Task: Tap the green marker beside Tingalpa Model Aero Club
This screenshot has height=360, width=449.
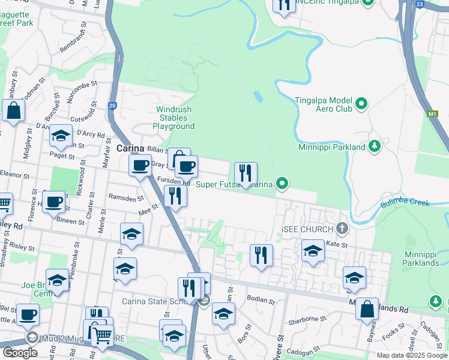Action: pos(361,104)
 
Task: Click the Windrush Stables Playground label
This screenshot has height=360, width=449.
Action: pos(173,118)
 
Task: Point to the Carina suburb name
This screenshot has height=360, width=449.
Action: pos(129,148)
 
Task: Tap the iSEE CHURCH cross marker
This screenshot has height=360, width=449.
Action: pos(342,228)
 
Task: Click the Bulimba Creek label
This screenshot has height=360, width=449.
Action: pos(405,202)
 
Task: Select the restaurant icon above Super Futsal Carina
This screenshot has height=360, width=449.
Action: pos(246,174)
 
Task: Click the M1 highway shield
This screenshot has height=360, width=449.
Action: pos(433,113)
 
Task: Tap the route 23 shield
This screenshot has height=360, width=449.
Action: pos(419,5)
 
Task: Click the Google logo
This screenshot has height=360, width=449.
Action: pos(20,352)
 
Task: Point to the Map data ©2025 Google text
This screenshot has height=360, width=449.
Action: pos(412,355)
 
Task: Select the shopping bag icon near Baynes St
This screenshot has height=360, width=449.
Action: pos(367,310)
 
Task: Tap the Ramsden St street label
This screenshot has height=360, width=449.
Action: pos(126,197)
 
